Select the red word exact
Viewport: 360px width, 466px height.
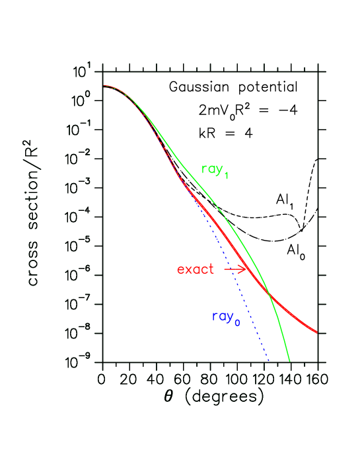196,270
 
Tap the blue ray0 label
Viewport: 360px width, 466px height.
225,317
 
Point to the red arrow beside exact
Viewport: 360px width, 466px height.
234,269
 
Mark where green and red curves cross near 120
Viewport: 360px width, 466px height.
268,295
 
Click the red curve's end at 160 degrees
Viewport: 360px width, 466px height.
318,332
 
